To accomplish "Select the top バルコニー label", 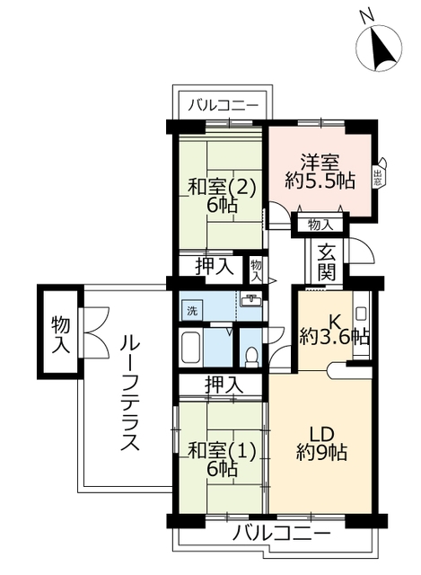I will point(224,106).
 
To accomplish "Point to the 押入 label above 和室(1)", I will point(223,384).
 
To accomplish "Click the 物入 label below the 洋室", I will point(318,223).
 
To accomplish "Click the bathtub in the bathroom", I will point(190,348).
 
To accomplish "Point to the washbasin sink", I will point(252,302).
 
